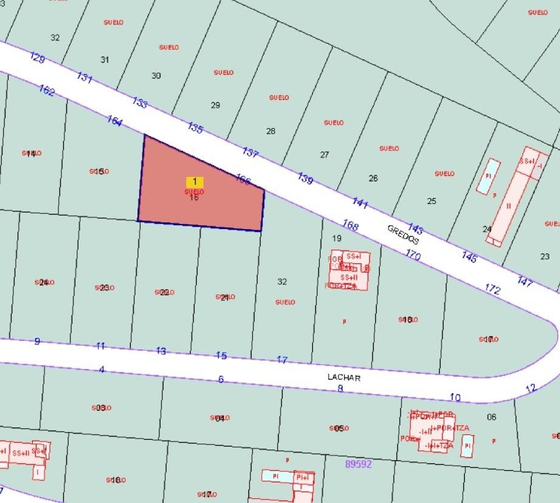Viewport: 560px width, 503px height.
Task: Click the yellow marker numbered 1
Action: pyautogui.click(x=195, y=182)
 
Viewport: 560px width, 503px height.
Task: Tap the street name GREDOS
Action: pyautogui.click(x=403, y=234)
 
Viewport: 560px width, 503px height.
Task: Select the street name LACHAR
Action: pyautogui.click(x=344, y=377)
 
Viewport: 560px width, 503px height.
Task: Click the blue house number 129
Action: pyautogui.click(x=37, y=58)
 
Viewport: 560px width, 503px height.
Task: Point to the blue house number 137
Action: pyautogui.click(x=250, y=152)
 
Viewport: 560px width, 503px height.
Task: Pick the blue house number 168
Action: pyautogui.click(x=350, y=225)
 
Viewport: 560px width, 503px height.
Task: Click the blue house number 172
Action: pyautogui.click(x=492, y=289)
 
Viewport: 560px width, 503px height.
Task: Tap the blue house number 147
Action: pyautogui.click(x=525, y=281)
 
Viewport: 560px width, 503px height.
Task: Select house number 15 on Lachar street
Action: pyautogui.click(x=221, y=355)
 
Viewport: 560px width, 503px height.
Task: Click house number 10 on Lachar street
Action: pyautogui.click(x=455, y=397)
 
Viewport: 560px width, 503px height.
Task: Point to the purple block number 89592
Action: pyautogui.click(x=358, y=464)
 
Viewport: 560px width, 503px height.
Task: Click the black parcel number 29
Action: pyautogui.click(x=215, y=105)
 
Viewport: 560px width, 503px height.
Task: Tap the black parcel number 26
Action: pyautogui.click(x=373, y=178)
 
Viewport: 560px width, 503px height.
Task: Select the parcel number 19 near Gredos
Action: pyautogui.click(x=337, y=238)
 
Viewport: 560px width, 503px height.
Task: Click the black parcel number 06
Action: pyautogui.click(x=491, y=417)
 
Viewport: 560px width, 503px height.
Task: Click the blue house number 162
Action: pyautogui.click(x=47, y=90)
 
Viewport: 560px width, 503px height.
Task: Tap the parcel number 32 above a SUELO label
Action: pyautogui.click(x=282, y=282)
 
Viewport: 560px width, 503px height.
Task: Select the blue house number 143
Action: pyautogui.click(x=415, y=228)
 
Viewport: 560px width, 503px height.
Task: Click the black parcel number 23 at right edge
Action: pyautogui.click(x=545, y=257)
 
